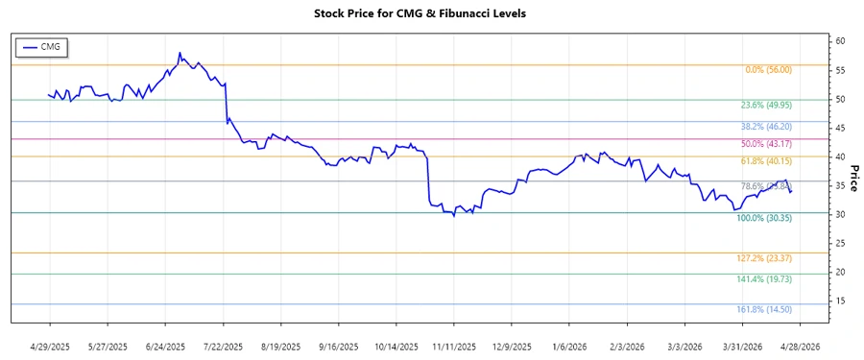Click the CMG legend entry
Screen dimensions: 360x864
(42, 46)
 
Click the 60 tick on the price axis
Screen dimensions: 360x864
(840, 41)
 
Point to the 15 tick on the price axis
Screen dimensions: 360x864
(840, 300)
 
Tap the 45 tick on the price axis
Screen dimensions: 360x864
(840, 128)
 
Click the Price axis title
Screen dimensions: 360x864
(854, 178)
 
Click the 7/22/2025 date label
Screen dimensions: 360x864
(223, 346)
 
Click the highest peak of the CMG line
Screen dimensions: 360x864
(180, 53)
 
